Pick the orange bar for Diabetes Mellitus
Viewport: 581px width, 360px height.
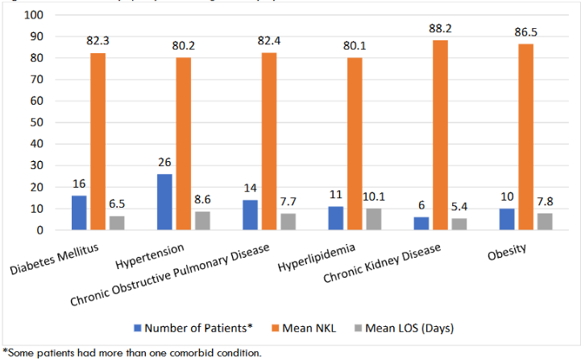[x=98, y=142]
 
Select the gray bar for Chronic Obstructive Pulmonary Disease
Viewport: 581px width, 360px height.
[x=288, y=221]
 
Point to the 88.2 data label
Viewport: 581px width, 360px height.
[x=440, y=29]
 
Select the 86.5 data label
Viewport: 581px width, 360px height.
[x=527, y=33]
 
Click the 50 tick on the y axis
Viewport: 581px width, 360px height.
[x=36, y=122]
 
